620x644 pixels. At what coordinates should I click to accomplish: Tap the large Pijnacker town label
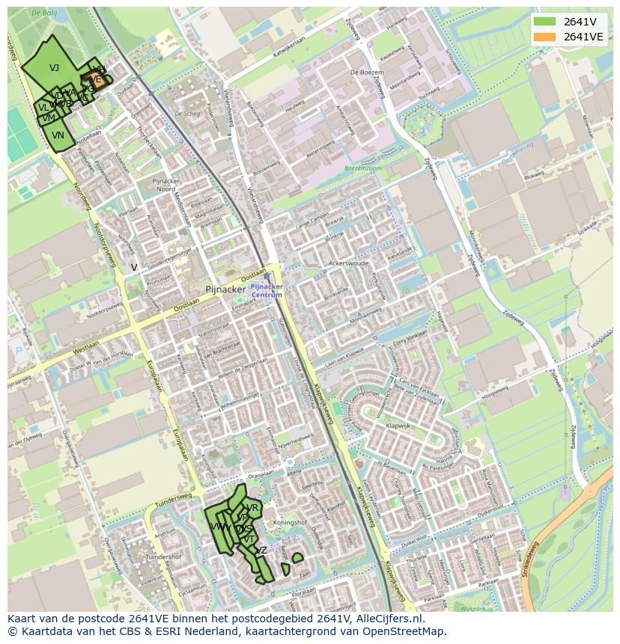[225, 289]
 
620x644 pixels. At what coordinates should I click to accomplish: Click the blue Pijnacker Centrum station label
[267, 290]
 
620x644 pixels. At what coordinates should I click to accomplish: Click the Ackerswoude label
[349, 264]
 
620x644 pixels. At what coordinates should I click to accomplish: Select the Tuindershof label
[164, 557]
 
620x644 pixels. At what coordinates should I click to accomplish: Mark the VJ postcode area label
[54, 68]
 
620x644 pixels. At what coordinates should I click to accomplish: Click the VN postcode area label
[58, 135]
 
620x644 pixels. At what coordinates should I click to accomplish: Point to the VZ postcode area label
[261, 551]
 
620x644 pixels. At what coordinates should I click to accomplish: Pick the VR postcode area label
[252, 508]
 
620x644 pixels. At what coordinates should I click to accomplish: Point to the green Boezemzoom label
[363, 169]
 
